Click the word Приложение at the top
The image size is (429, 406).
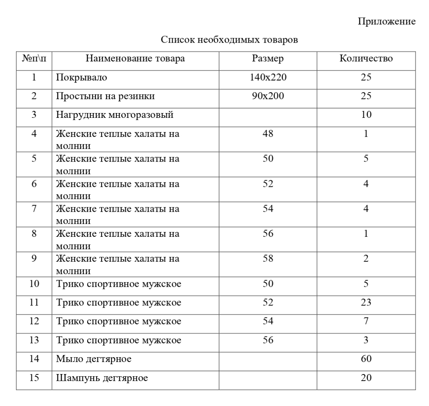click(x=387, y=21)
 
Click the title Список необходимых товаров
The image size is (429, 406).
click(x=229, y=39)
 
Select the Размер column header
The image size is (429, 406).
click(x=268, y=58)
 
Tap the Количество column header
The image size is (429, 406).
click(x=366, y=58)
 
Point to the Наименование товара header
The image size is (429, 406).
click(x=135, y=58)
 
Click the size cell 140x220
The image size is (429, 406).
click(x=268, y=77)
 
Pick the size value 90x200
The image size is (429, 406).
click(x=268, y=96)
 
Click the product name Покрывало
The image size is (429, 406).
click(x=82, y=77)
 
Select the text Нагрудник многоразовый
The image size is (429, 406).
click(x=114, y=115)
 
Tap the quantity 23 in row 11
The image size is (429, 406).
click(x=366, y=302)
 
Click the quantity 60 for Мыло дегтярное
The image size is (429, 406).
click(x=366, y=359)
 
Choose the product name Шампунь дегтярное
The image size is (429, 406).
click(x=102, y=378)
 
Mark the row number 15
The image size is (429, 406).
click(x=34, y=377)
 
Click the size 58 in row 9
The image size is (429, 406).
click(x=268, y=258)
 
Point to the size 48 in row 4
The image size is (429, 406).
click(x=268, y=134)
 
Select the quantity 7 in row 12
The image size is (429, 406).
click(x=366, y=321)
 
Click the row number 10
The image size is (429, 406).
click(x=34, y=284)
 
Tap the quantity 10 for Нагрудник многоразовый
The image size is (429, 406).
click(x=366, y=115)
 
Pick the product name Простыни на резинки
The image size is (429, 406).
click(x=105, y=96)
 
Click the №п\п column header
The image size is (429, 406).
click(x=34, y=58)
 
